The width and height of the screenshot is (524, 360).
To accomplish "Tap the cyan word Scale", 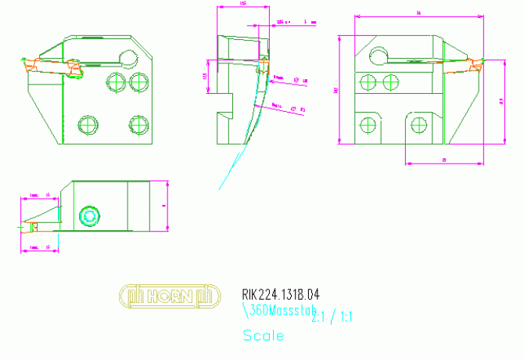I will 264,337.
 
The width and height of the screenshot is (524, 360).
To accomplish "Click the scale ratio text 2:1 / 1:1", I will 333,317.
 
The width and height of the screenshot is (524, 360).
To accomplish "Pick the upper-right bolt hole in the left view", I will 139,81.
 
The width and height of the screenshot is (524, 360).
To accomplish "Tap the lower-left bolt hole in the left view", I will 88,124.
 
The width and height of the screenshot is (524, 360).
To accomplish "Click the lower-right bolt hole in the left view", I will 138,124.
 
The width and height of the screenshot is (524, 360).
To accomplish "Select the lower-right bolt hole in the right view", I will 419,123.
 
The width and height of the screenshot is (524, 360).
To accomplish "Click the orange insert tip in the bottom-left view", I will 32,227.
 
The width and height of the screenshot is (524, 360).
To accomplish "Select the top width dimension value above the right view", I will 419,13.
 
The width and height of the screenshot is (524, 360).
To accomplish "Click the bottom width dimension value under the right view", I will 443,160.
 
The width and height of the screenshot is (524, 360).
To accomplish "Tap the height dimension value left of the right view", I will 336,90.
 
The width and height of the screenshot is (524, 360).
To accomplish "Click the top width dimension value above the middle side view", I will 242,4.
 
